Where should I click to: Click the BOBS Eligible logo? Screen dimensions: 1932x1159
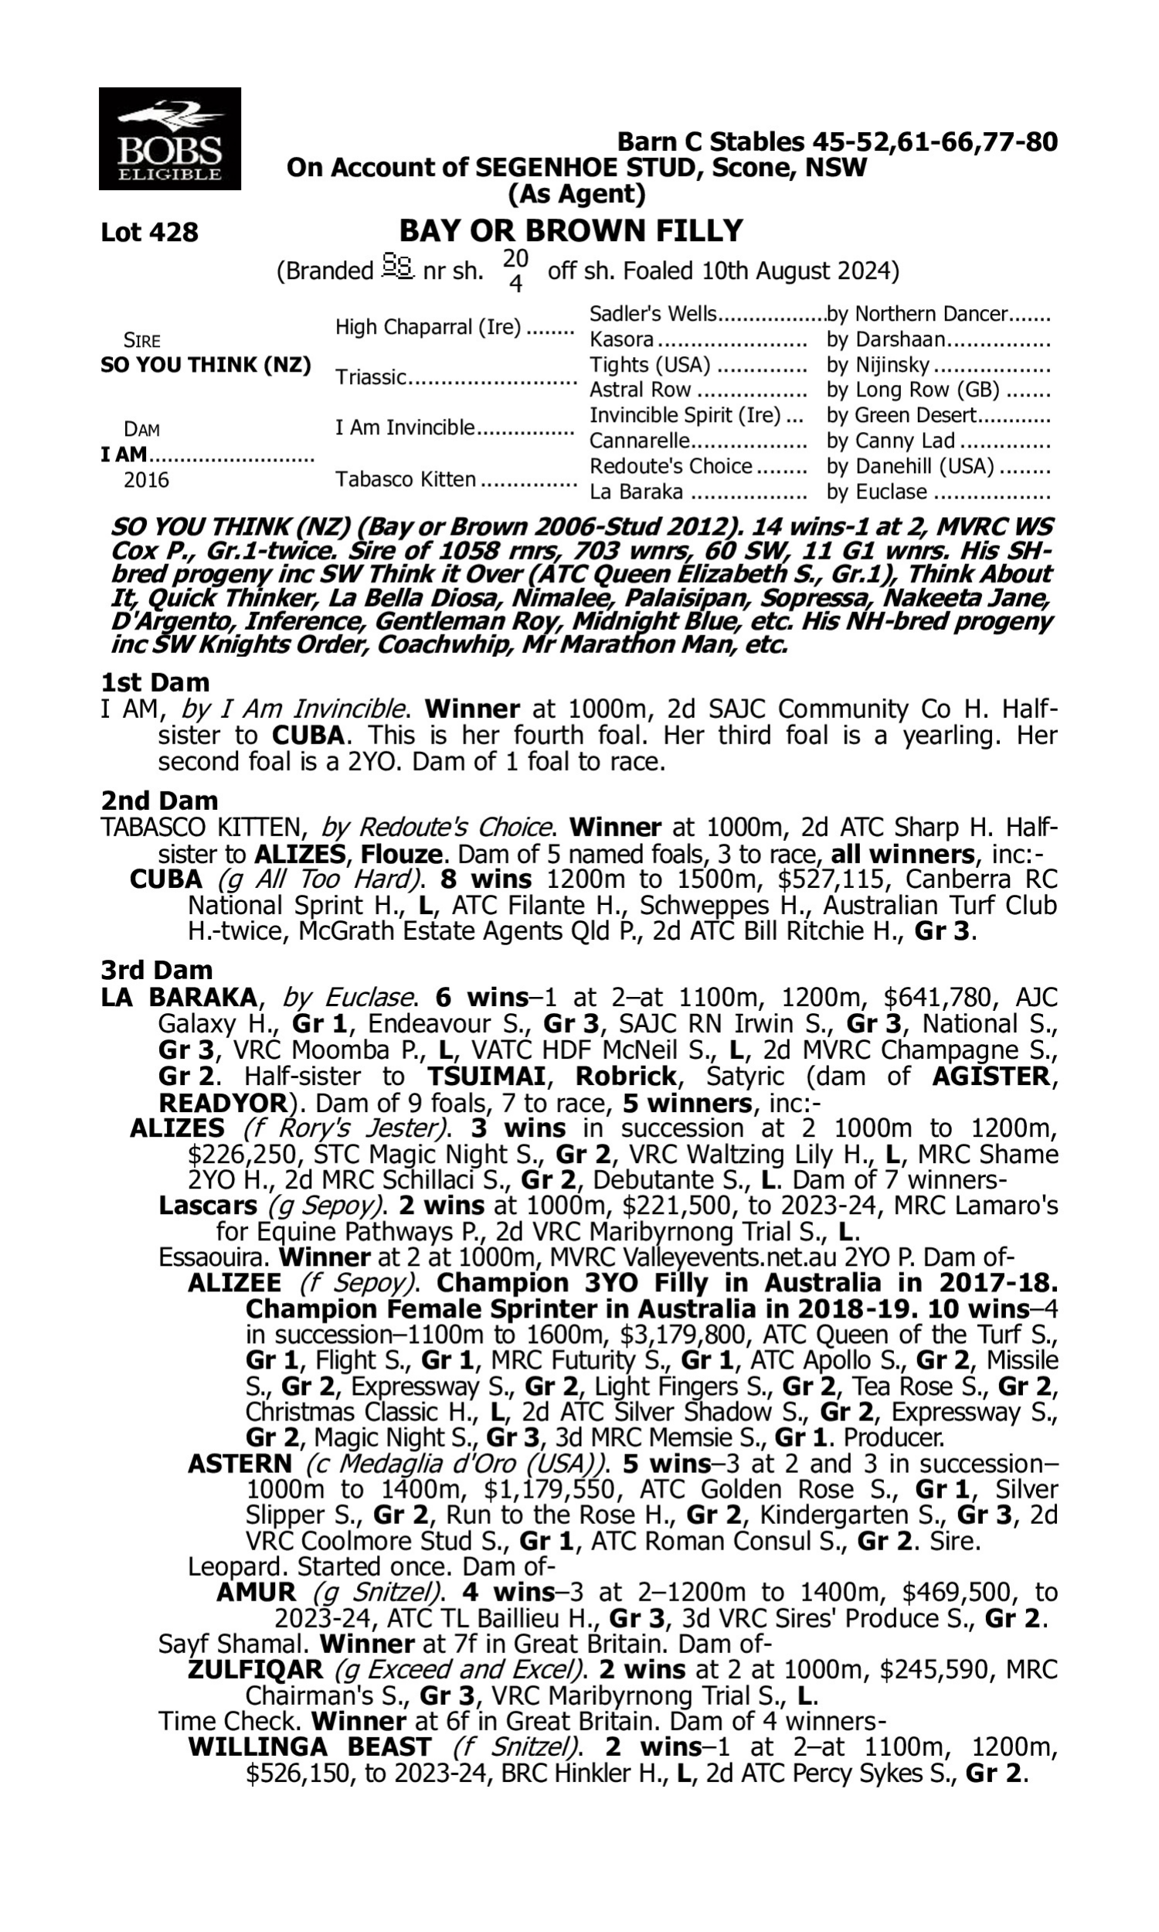pyautogui.click(x=169, y=138)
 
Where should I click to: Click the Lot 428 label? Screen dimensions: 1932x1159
pyautogui.click(x=149, y=232)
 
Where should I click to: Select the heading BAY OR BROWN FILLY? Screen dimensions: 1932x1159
pyautogui.click(x=571, y=231)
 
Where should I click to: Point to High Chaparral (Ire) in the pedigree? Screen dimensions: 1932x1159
pyautogui.click(x=427, y=327)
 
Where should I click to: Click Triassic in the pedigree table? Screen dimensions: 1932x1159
pyautogui.click(x=371, y=377)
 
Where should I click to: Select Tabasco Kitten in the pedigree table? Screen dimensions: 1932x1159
pyautogui.click(x=406, y=478)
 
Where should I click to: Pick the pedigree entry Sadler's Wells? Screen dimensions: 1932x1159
pyautogui.click(x=652, y=314)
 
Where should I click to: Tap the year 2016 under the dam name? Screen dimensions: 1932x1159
pyautogui.click(x=146, y=479)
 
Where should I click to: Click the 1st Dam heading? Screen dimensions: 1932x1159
pyautogui.click(x=155, y=682)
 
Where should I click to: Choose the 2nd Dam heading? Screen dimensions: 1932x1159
pyautogui.click(x=158, y=801)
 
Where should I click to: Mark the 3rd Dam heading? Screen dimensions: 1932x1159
pyautogui.click(x=156, y=970)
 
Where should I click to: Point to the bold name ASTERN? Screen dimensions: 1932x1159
pyautogui.click(x=240, y=1464)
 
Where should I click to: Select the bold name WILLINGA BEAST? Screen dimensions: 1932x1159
pyautogui.click(x=309, y=1747)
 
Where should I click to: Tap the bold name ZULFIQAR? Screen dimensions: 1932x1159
pyautogui.click(x=255, y=1669)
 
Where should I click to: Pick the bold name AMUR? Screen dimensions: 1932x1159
pyautogui.click(x=256, y=1592)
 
